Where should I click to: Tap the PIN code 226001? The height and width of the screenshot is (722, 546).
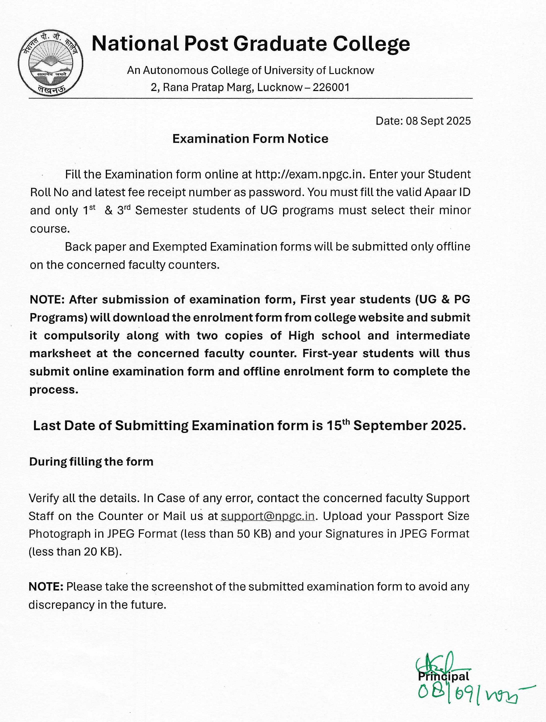[x=331, y=88]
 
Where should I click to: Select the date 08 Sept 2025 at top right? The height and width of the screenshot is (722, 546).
[x=438, y=121]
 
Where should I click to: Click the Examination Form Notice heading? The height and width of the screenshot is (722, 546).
[x=250, y=139]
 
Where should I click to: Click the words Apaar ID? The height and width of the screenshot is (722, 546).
[x=447, y=192]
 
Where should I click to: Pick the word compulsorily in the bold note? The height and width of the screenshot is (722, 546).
[x=81, y=336]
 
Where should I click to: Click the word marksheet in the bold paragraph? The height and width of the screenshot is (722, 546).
[x=60, y=353]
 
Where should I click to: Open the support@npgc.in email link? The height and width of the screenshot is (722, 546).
[x=267, y=516]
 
